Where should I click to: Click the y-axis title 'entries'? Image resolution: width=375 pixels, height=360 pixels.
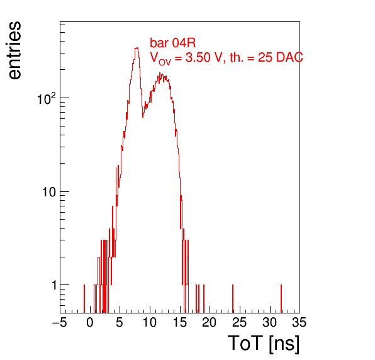point(14,50)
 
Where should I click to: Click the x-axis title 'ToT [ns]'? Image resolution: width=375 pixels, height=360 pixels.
point(263,344)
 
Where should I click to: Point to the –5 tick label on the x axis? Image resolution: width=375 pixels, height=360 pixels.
point(60,322)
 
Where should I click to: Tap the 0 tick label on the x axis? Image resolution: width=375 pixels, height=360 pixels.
point(90,322)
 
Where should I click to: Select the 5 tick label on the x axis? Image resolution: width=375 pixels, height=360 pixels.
point(120,322)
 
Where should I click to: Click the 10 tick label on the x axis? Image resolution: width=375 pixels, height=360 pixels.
point(150,322)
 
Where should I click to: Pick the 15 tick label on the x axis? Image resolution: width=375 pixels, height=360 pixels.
point(179,322)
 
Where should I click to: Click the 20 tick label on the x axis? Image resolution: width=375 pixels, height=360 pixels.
point(210,322)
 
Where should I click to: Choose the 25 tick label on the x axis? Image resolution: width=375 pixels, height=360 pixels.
point(239,322)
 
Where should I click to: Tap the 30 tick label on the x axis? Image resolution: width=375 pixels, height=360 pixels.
point(269,322)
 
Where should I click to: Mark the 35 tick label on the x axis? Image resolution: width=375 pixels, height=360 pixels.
point(299,322)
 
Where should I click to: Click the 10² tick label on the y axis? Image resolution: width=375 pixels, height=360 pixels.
point(46,98)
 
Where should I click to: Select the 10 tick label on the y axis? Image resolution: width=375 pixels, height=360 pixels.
point(49,192)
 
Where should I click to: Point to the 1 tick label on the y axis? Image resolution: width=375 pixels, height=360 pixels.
point(54,285)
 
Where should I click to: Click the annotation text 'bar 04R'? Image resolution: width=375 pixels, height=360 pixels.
point(172,43)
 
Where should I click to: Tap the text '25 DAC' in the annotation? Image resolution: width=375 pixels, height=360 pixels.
point(280,57)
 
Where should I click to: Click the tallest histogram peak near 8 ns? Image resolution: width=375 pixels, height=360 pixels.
point(137,48)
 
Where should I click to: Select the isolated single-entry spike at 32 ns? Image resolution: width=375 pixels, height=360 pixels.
point(281,299)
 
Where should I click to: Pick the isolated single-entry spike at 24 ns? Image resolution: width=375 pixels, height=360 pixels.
point(233,299)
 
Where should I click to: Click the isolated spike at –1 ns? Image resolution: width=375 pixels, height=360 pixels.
point(84,299)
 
